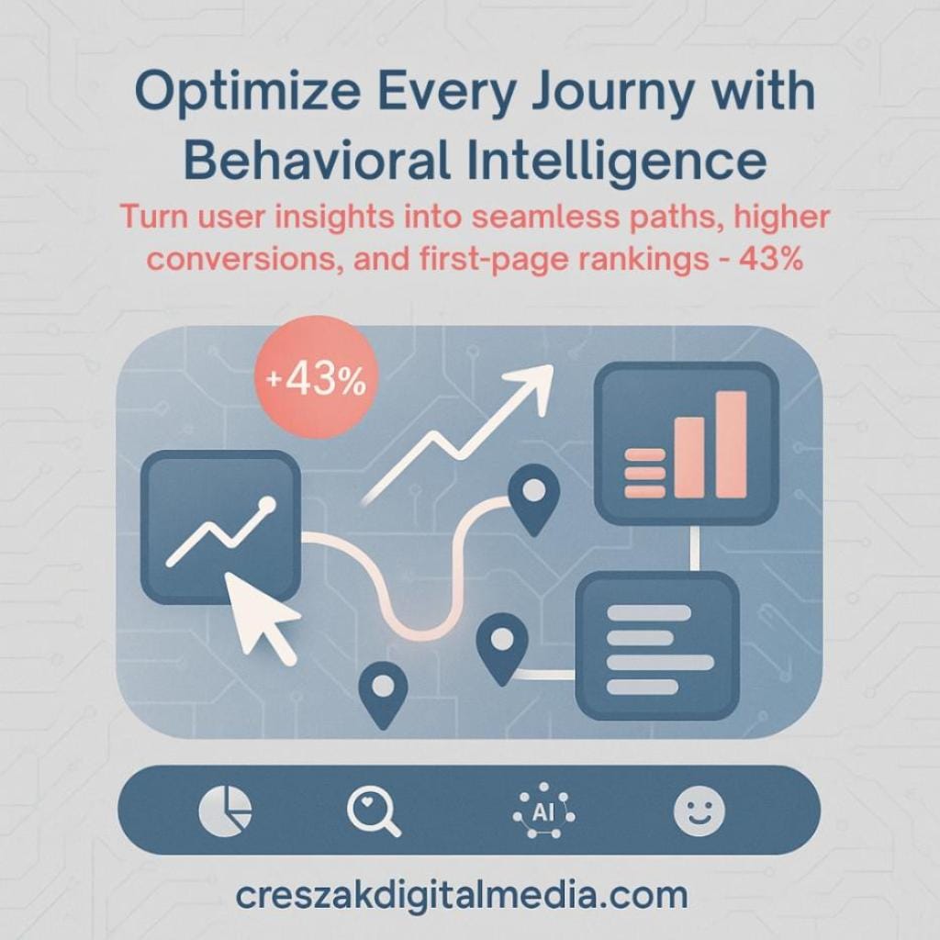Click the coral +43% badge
(314, 381)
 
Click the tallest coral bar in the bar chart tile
(731, 443)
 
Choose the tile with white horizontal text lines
(657, 644)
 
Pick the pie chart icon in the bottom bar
(225, 810)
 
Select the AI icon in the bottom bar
(544, 810)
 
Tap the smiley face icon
(699, 810)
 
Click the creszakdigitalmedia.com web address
(462, 893)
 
